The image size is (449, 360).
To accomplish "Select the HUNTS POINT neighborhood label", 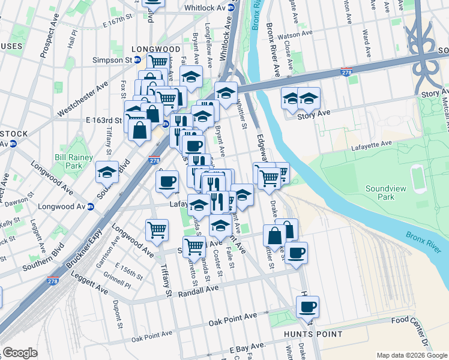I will (x=315, y=334).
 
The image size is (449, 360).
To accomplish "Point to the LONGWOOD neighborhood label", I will (x=158, y=49).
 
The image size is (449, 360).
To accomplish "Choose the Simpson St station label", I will (x=112, y=60).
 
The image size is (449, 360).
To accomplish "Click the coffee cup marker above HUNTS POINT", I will (x=307, y=308).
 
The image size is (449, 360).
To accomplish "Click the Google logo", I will (x=20, y=353).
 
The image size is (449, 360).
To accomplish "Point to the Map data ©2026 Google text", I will (x=411, y=355).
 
